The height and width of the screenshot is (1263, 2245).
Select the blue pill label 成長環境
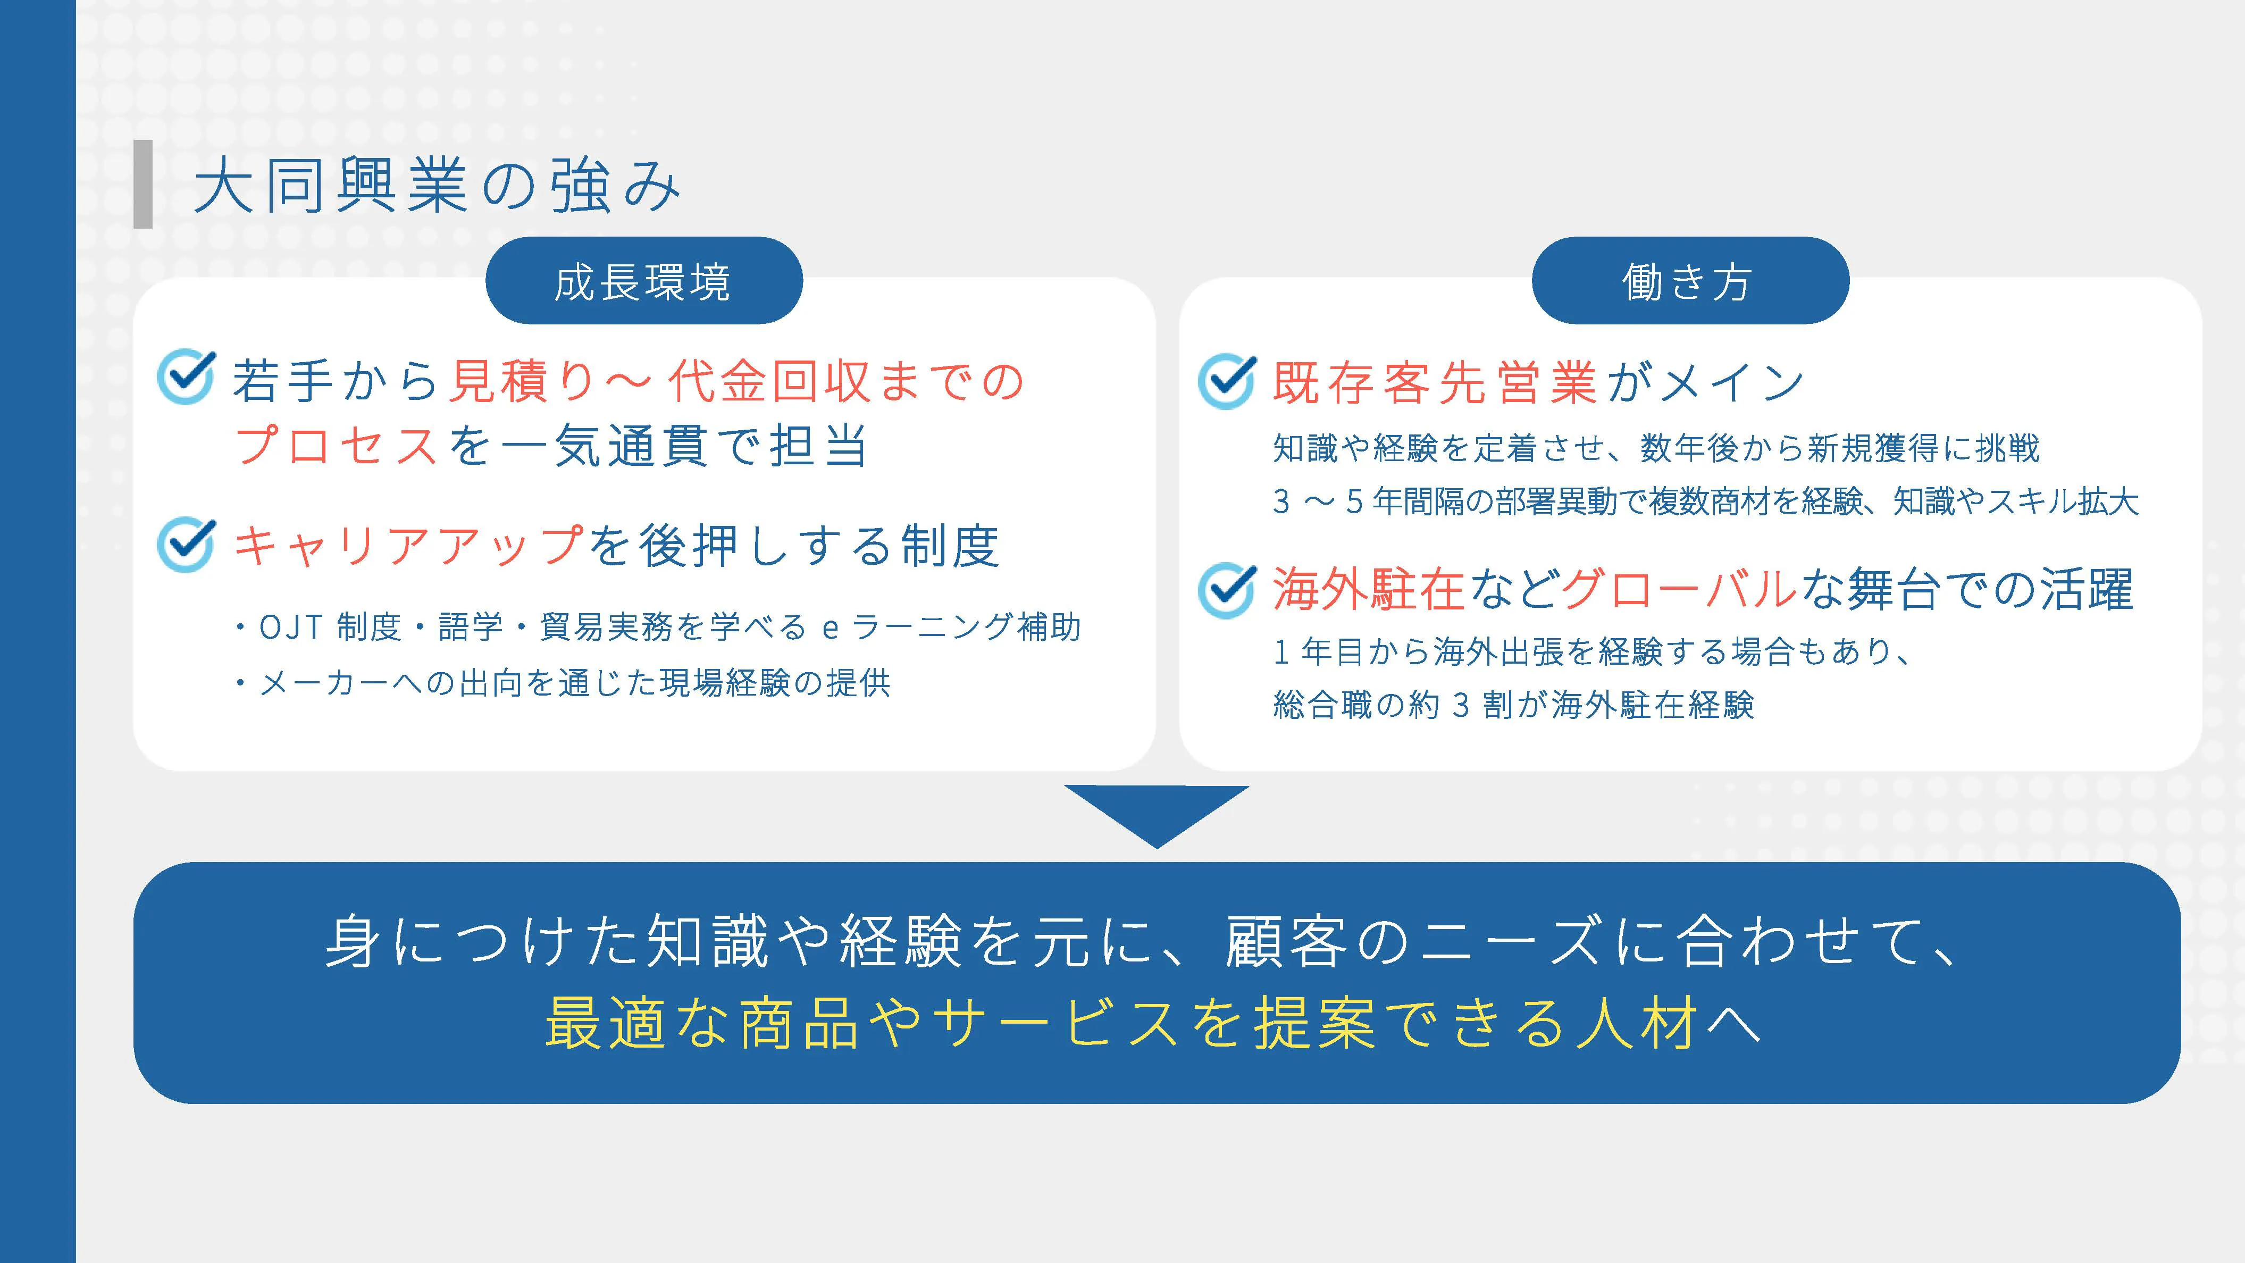(x=643, y=281)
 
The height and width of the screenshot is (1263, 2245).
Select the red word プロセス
(x=336, y=446)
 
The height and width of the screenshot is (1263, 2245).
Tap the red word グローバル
(x=1679, y=589)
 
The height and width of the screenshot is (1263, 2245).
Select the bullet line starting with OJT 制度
(x=658, y=626)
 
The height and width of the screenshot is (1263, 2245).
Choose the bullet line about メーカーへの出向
(x=562, y=682)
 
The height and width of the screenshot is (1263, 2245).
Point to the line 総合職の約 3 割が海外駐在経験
(x=1514, y=704)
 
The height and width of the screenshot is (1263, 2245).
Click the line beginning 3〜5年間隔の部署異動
(x=1705, y=501)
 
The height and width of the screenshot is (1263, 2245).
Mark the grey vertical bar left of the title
(x=143, y=184)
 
